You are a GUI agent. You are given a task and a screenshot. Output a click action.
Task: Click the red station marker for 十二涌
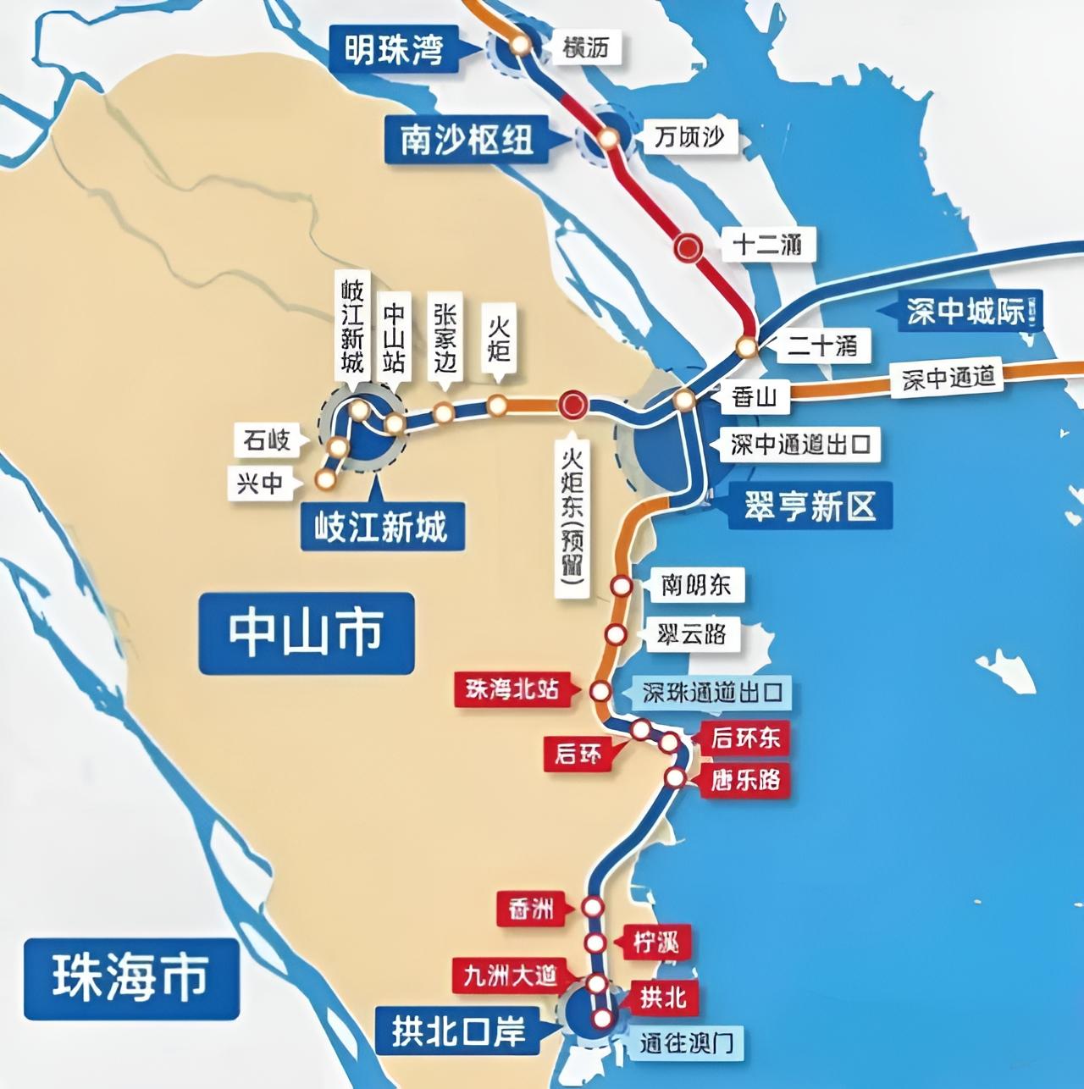point(689,247)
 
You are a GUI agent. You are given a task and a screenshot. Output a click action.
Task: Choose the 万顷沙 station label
point(689,137)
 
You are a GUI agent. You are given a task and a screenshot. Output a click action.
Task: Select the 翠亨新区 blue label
point(810,507)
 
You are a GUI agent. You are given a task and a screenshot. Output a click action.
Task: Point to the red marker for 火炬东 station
point(572,404)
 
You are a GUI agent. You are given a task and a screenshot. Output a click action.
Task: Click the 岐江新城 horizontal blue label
point(380,528)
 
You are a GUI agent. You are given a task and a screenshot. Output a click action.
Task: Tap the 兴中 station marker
point(324,479)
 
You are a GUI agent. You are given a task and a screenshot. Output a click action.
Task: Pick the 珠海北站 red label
point(512,689)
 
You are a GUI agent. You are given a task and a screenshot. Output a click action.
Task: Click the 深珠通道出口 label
point(711,693)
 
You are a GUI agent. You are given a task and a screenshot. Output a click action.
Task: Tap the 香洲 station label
point(532,909)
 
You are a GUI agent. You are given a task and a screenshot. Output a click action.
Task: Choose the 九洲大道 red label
point(510,976)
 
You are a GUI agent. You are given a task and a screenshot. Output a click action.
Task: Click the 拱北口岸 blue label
point(459,1031)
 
